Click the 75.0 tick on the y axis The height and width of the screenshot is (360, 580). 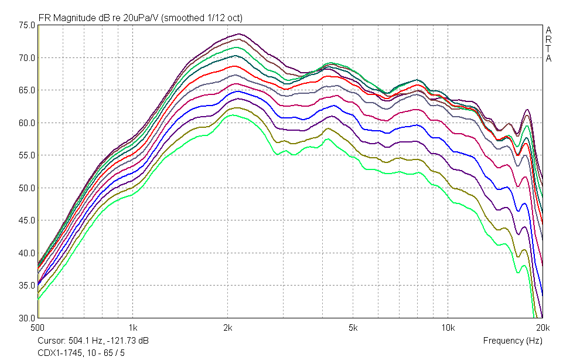pos(26,25)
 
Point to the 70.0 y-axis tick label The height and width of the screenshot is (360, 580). pos(26,58)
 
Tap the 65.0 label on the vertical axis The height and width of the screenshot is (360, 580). pos(26,90)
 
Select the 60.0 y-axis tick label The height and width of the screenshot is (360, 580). pos(26,123)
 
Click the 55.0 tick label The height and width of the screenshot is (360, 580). pos(26,155)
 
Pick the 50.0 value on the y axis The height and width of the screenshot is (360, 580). pos(26,188)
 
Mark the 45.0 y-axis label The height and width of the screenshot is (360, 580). pos(26,220)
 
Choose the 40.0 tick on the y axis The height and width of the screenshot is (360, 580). pos(26,253)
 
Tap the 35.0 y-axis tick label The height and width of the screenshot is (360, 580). pos(26,286)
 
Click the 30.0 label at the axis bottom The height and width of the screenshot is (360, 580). pos(26,318)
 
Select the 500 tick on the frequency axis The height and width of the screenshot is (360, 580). pos(37,328)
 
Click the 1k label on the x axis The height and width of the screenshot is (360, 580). pos(133,328)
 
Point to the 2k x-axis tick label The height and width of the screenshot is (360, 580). pos(228,328)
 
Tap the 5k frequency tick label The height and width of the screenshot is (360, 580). pos(353,328)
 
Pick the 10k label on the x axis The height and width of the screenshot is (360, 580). pos(448,328)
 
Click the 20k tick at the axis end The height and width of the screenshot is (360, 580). pos(543,328)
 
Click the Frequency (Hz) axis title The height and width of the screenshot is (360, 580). pos(513,341)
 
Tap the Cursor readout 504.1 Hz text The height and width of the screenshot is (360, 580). pos(93,341)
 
